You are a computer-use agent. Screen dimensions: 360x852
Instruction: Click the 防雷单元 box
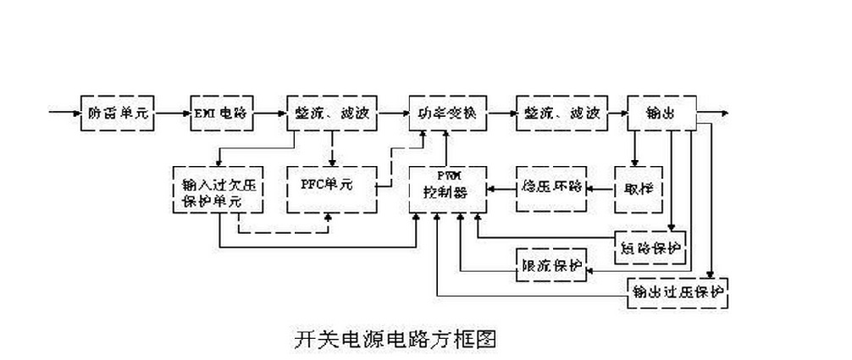point(119,113)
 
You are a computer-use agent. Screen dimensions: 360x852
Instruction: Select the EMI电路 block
point(220,113)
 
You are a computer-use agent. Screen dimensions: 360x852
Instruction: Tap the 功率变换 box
point(448,113)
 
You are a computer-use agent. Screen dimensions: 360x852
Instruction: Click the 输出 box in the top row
point(661,113)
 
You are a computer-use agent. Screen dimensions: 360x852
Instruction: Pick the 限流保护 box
point(550,266)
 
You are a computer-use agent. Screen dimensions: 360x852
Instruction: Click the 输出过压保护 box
point(678,292)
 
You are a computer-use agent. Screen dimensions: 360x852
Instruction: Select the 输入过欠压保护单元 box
point(219,187)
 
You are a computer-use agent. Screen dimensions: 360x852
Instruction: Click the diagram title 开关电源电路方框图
point(394,339)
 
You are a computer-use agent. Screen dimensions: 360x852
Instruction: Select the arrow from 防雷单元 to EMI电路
point(172,113)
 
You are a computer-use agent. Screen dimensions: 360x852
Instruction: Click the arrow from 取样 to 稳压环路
point(602,185)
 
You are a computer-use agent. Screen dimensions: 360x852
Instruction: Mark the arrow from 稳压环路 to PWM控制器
point(501,185)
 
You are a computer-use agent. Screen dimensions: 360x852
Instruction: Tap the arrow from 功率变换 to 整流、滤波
point(501,113)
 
